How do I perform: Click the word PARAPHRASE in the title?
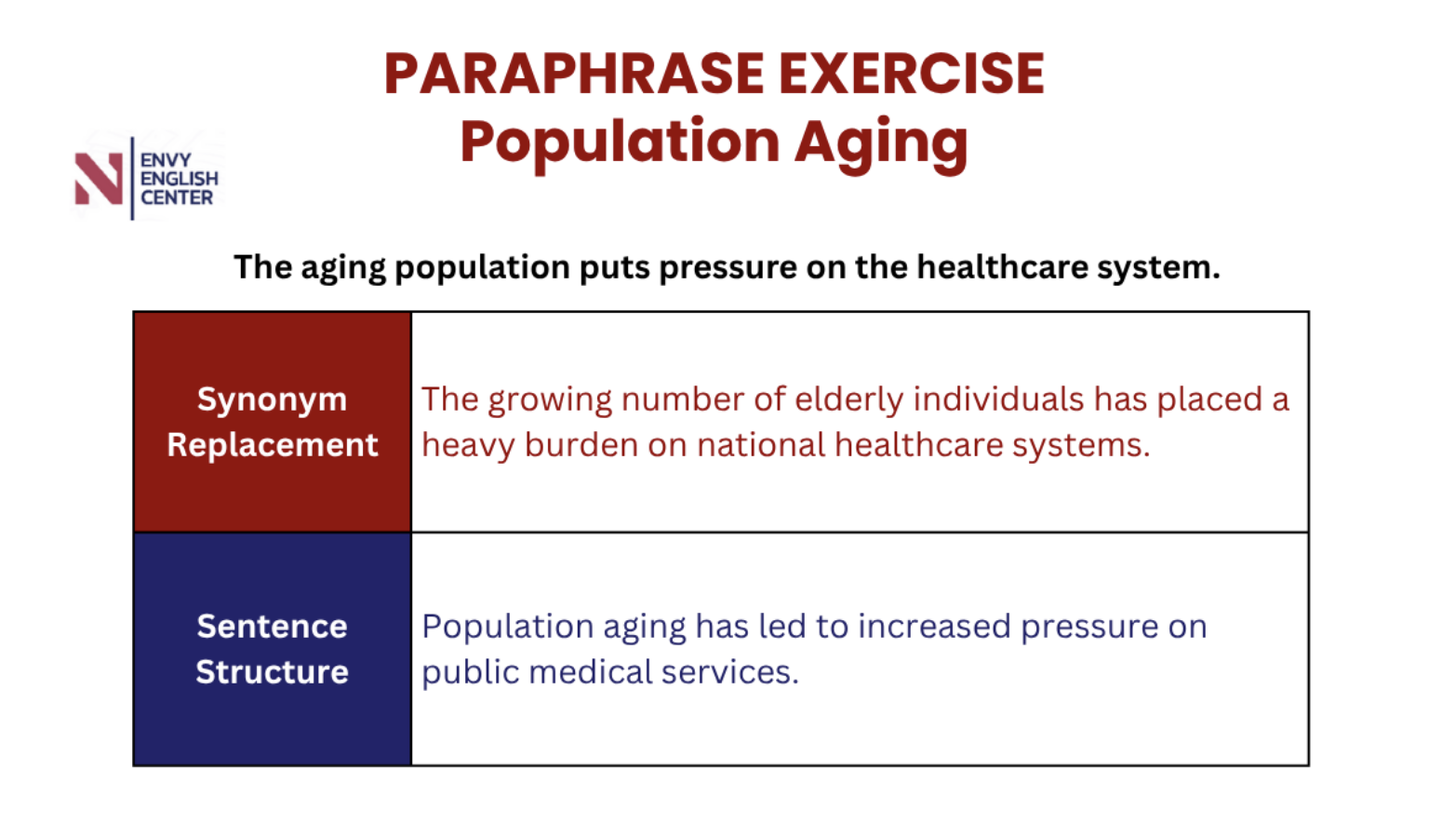point(574,74)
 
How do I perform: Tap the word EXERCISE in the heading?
point(912,74)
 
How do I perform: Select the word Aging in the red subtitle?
point(881,144)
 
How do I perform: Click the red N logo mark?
point(99,179)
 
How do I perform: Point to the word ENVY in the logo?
point(166,159)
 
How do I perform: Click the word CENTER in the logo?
point(177,197)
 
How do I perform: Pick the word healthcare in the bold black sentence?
point(1002,267)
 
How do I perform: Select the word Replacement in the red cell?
point(273,445)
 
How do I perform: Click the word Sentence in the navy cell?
point(273,626)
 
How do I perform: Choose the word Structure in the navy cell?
point(273,671)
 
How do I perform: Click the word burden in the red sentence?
point(581,444)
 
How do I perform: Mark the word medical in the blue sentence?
point(591,671)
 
